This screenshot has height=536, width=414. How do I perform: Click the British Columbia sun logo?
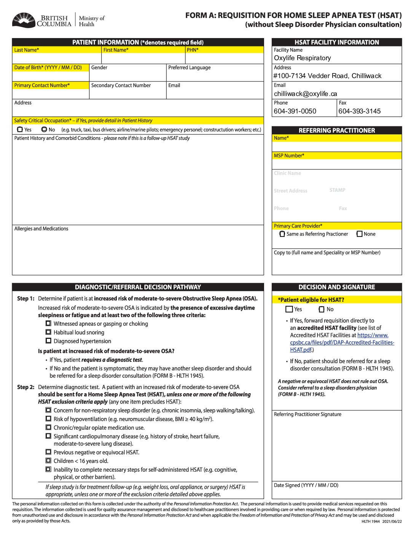(x=24, y=20)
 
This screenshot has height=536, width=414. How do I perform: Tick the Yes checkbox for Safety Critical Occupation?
(x=20, y=129)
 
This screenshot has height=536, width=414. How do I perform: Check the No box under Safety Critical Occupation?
(x=44, y=129)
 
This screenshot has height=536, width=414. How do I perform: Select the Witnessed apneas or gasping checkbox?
(x=48, y=324)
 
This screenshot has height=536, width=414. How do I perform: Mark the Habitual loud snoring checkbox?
(x=48, y=332)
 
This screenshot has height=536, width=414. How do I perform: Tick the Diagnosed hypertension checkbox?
(x=48, y=341)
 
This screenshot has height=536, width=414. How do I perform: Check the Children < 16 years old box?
(x=48, y=461)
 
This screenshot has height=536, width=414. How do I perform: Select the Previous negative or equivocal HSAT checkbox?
(x=48, y=452)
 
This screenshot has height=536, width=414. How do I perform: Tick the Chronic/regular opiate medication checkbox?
(x=48, y=428)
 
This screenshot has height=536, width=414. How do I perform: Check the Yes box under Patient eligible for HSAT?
(x=289, y=309)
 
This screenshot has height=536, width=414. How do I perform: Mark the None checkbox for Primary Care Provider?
(x=359, y=234)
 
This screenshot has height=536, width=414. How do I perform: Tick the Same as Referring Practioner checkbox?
(x=282, y=234)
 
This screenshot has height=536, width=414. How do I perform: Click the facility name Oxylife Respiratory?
(x=303, y=58)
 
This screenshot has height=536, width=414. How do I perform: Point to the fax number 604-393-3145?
(x=360, y=111)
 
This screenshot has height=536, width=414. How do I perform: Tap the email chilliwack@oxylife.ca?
(x=306, y=94)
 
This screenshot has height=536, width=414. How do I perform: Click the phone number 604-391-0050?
(x=295, y=111)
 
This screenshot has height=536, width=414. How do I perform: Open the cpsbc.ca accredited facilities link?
(x=342, y=342)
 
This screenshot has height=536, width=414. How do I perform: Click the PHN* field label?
(x=193, y=50)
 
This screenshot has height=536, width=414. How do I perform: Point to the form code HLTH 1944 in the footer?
(x=371, y=522)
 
